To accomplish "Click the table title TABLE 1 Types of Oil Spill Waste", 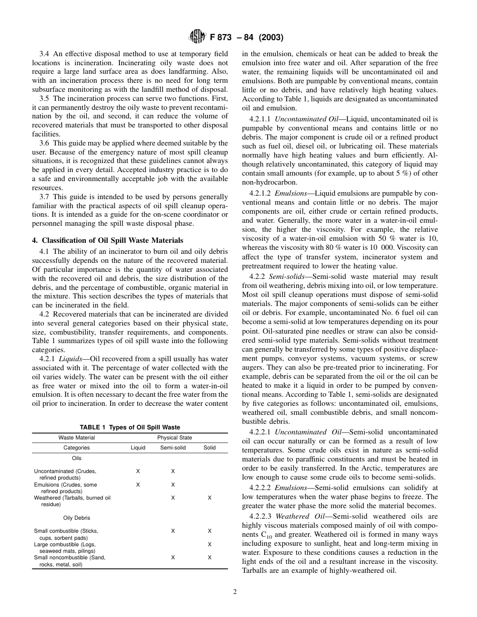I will pos(130,427).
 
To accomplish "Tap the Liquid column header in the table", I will pos(138,447).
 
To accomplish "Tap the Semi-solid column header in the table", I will pos(173,447).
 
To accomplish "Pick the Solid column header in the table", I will pos(209,447).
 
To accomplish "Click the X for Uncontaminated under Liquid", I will pos(138,471).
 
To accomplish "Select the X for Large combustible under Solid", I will pos(209,544).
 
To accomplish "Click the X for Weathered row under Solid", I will pos(209,498).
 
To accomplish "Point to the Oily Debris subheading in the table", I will pos(76,518).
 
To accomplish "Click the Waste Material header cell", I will pos(76,437).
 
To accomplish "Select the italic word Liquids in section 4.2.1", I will pos(70,359).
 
